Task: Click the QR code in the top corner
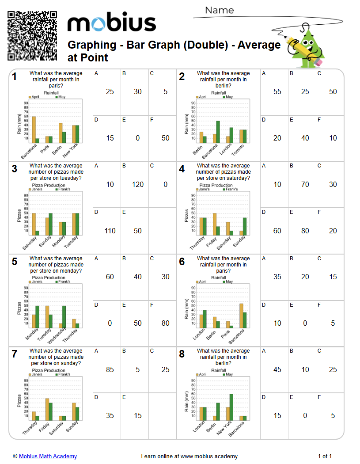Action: tap(32, 35)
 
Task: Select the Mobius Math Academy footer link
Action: tap(48, 456)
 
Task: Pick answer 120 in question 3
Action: tap(138, 184)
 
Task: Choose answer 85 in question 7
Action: tap(110, 369)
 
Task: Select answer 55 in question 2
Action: tap(277, 91)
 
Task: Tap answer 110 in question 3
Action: tap(110, 231)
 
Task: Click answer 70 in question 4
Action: tap(305, 184)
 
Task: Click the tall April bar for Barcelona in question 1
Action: tap(34, 129)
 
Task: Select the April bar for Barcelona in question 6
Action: tap(241, 316)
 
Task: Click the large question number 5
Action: tap(15, 262)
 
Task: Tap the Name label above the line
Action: tap(220, 10)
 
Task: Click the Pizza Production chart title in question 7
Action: tap(49, 370)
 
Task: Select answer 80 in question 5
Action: tap(165, 323)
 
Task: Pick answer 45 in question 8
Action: tap(277, 369)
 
